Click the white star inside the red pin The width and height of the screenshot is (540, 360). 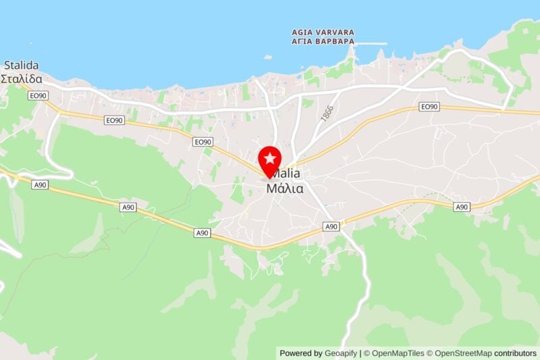tap(270, 159)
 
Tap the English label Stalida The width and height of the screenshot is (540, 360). tap(21, 66)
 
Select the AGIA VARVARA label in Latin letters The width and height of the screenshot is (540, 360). tap(323, 32)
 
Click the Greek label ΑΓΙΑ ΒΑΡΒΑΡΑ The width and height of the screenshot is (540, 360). tap(323, 41)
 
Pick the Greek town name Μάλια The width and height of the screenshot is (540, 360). tap(285, 188)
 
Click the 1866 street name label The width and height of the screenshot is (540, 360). tap(328, 113)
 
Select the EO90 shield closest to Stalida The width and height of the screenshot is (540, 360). tap(38, 97)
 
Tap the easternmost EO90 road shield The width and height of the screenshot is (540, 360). tap(429, 107)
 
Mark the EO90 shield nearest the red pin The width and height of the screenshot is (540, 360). tap(202, 142)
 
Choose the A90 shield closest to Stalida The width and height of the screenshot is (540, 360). tap(40, 184)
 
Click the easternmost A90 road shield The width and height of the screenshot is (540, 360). tap(462, 207)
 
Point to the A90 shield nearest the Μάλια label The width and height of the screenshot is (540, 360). tap(331, 226)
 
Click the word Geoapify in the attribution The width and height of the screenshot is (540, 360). tap(341, 353)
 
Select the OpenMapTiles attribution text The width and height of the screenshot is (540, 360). tap(398, 353)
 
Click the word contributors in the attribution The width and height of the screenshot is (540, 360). tap(515, 353)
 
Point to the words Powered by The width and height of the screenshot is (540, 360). tap(301, 353)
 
